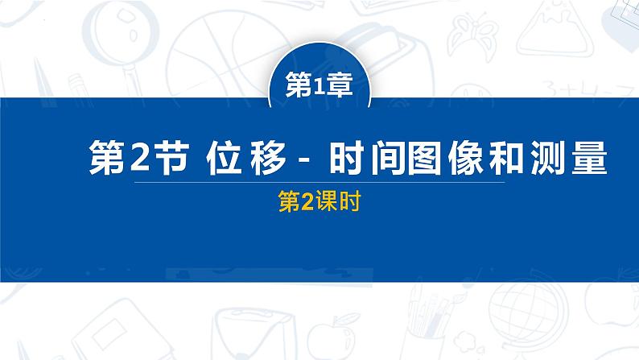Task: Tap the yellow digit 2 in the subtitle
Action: click(307, 205)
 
